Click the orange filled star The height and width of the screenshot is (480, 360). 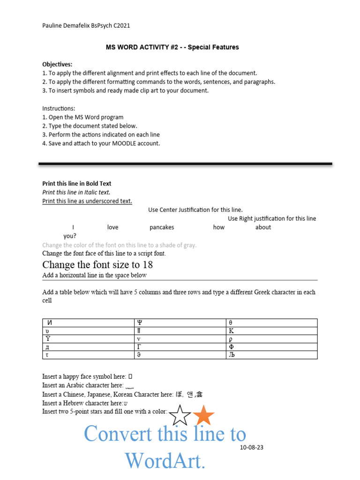204,416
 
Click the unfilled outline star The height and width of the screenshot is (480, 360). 180,416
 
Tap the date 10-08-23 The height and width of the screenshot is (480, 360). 251,447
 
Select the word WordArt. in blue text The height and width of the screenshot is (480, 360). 165,460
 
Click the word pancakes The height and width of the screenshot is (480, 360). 162,227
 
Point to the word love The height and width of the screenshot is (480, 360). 112,227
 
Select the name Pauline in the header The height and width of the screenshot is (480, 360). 52,26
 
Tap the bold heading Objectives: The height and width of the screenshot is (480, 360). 57,64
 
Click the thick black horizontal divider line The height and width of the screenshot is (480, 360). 185,164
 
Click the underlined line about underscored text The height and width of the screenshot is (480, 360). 87,201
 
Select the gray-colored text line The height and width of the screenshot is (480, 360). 119,245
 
